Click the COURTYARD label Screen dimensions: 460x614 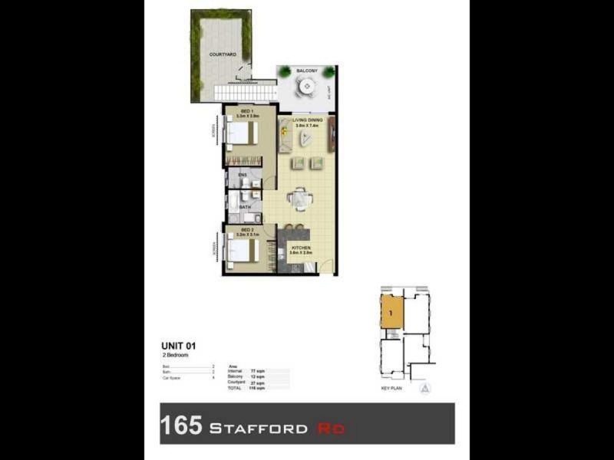coord(223,55)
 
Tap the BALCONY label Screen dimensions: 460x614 coord(307,71)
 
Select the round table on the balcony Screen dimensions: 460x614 coord(307,87)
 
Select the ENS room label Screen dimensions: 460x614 coord(243,176)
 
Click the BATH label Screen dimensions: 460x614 coord(245,207)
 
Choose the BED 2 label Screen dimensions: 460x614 coord(246,230)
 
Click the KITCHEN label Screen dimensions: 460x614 coord(300,248)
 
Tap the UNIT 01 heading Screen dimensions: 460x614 coord(178,345)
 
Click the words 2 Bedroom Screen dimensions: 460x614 coord(175,356)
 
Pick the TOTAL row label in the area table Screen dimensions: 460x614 coord(234,389)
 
